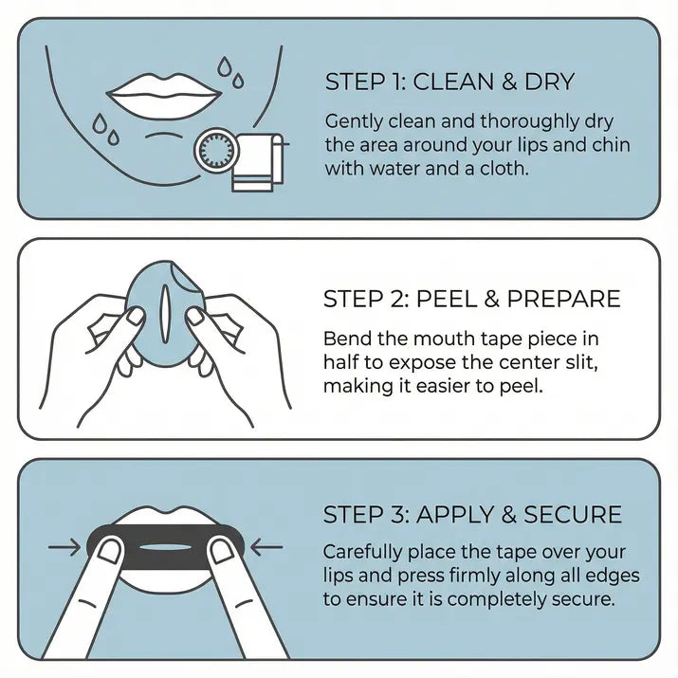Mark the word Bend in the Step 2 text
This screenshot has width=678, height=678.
[344, 339]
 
